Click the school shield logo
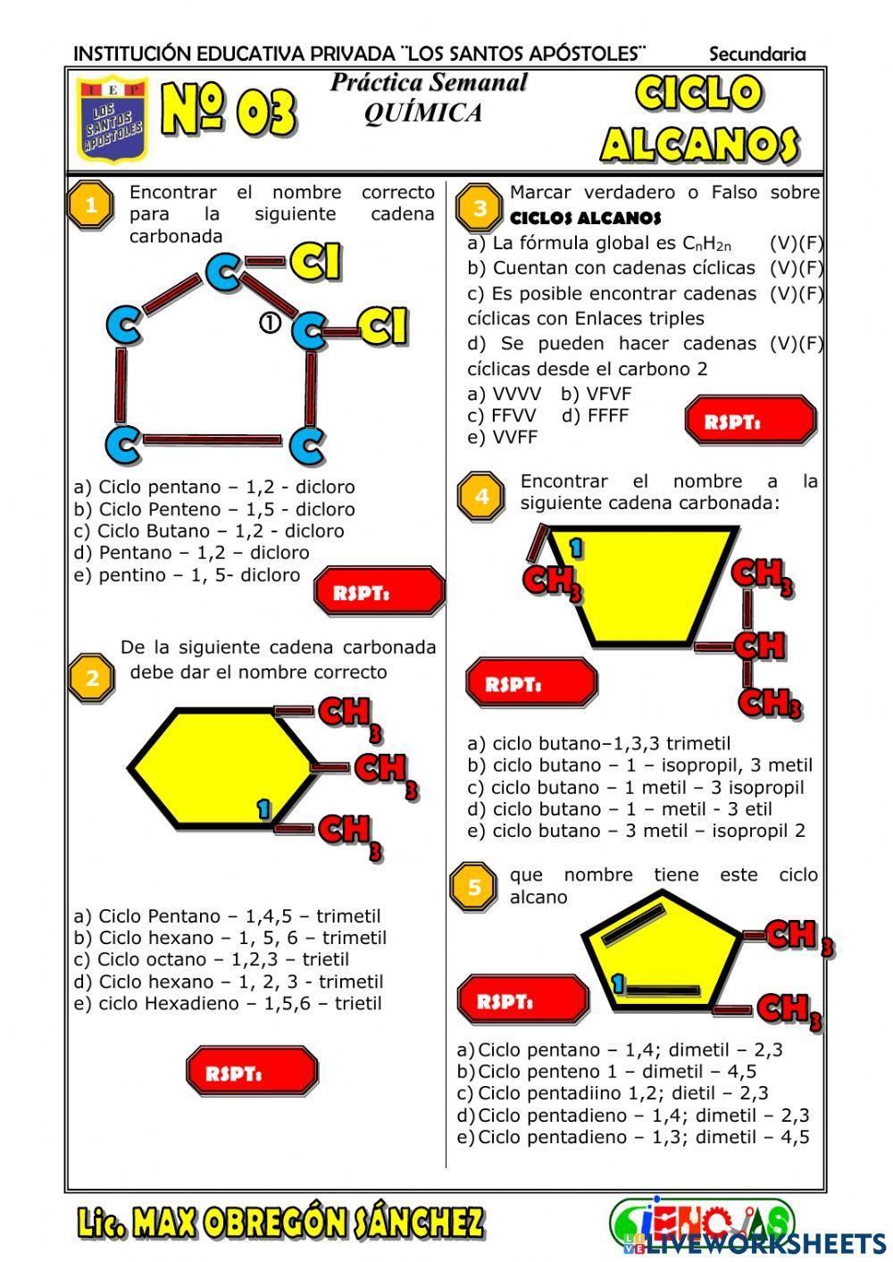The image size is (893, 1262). click(x=112, y=121)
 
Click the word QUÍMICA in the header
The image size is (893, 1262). click(x=422, y=113)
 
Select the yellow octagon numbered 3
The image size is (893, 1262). click(x=480, y=209)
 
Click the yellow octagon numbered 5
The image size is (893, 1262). click(x=474, y=887)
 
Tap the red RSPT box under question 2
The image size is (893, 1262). click(x=252, y=1072)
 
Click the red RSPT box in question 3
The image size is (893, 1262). click(x=750, y=422)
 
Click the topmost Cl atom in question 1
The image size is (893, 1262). click(x=316, y=261)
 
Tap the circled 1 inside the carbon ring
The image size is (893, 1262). click(x=270, y=323)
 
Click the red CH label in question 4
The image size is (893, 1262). click(x=759, y=645)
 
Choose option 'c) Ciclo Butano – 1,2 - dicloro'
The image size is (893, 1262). click(x=209, y=531)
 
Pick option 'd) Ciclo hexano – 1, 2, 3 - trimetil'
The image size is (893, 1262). click(x=229, y=982)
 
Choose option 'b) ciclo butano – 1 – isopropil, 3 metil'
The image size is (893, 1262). click(x=639, y=765)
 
